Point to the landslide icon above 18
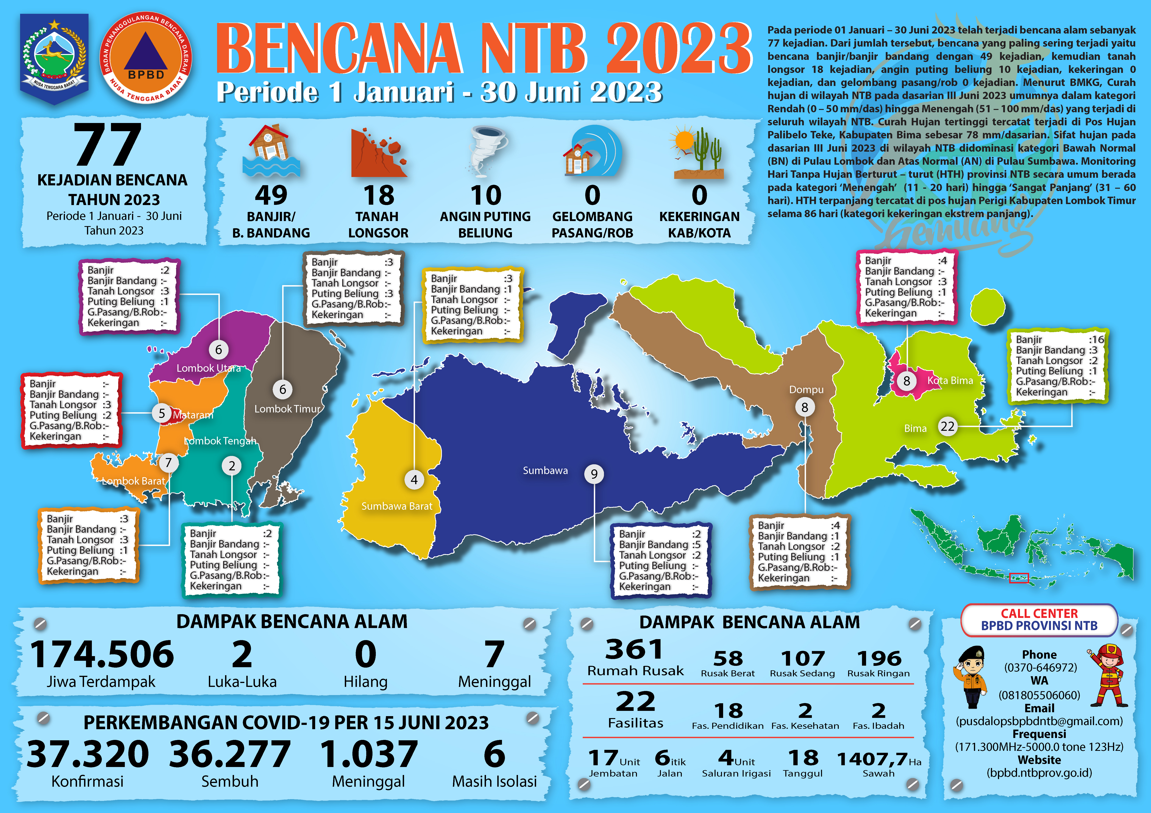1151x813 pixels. click(379, 153)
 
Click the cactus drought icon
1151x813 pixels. click(699, 153)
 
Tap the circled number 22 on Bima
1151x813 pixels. click(947, 426)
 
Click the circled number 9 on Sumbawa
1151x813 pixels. click(594, 474)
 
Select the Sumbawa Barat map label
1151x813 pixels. click(396, 506)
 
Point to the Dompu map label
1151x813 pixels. click(806, 390)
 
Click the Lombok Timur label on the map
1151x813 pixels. click(287, 409)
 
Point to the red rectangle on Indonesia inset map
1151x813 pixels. click(1019, 578)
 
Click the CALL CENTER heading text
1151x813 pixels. click(1039, 614)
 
